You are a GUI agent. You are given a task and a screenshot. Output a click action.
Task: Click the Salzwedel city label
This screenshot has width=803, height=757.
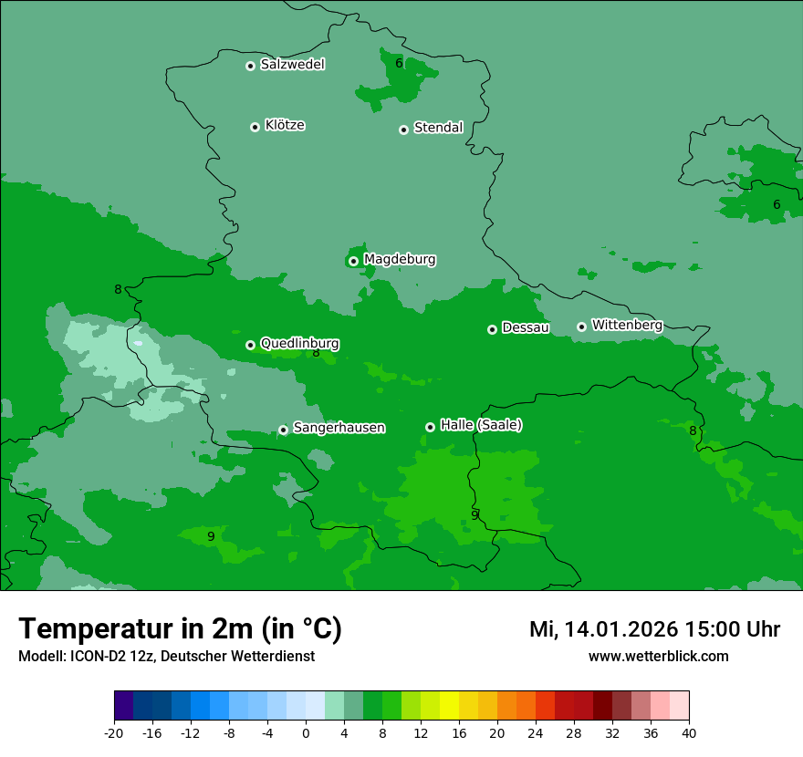[292, 65]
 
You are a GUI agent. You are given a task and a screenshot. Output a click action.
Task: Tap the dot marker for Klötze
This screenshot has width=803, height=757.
[255, 127]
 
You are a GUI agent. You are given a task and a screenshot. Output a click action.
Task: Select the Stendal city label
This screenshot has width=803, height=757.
[438, 128]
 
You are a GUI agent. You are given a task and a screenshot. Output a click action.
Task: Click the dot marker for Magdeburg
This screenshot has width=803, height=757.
[353, 261]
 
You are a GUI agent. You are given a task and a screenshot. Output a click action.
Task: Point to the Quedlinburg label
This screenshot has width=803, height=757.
[299, 344]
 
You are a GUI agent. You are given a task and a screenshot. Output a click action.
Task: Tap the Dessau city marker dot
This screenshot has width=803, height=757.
[492, 329]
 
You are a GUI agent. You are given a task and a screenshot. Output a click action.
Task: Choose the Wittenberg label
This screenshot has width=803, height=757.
[626, 325]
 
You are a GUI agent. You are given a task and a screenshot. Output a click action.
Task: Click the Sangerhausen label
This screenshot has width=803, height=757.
[339, 428]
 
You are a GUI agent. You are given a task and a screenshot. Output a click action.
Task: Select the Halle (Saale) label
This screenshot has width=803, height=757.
[481, 425]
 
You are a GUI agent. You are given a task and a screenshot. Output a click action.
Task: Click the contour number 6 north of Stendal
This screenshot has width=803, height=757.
[399, 63]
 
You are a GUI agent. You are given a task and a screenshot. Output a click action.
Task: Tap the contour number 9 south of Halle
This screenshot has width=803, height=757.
[474, 514]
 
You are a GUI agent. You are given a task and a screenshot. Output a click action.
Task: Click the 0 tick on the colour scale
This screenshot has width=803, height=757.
[306, 732]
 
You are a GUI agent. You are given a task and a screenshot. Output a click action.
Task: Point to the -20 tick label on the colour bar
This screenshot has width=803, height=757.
[114, 732]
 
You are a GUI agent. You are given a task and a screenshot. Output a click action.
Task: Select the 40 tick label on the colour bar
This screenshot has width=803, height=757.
[689, 732]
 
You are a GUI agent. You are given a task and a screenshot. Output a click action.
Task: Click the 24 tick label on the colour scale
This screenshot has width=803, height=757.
[536, 732]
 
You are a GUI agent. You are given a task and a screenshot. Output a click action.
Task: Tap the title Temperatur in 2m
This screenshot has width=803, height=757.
[180, 628]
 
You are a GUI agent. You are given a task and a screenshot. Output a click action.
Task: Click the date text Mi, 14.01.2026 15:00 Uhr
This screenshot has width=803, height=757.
[654, 629]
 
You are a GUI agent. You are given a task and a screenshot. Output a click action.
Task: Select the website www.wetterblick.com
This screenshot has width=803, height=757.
[658, 657]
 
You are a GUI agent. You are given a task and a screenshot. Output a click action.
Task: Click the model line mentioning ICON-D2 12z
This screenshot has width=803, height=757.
[166, 657]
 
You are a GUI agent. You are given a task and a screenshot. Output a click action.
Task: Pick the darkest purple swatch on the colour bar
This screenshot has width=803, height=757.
[123, 706]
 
